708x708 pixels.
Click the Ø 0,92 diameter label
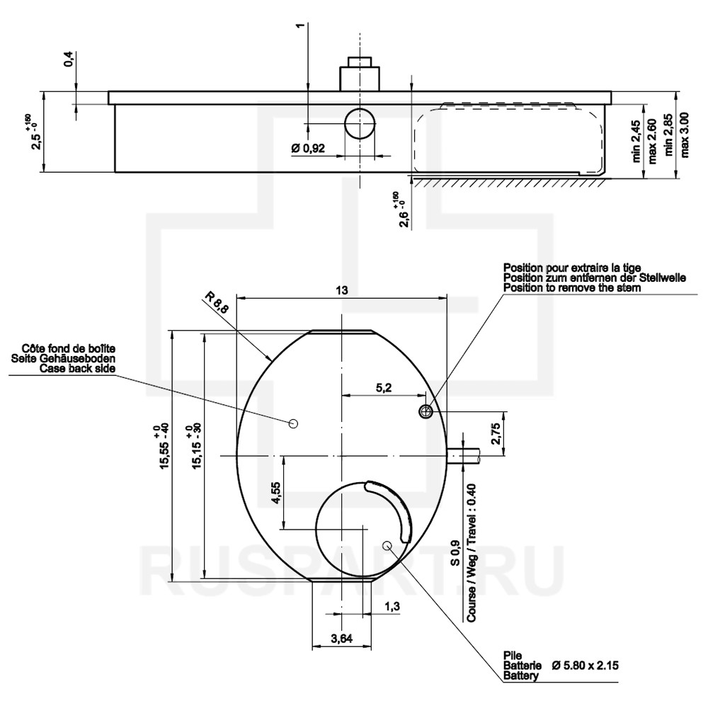pos(309,148)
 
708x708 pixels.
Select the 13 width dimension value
pos(342,290)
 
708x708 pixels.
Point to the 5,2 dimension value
pos(383,387)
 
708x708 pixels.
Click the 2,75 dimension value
pos(496,433)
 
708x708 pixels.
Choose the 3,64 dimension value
pos(341,639)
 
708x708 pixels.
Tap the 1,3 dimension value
pos(392,606)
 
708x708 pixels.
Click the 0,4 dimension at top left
pos(70,59)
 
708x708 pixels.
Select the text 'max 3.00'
pos(685,135)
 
